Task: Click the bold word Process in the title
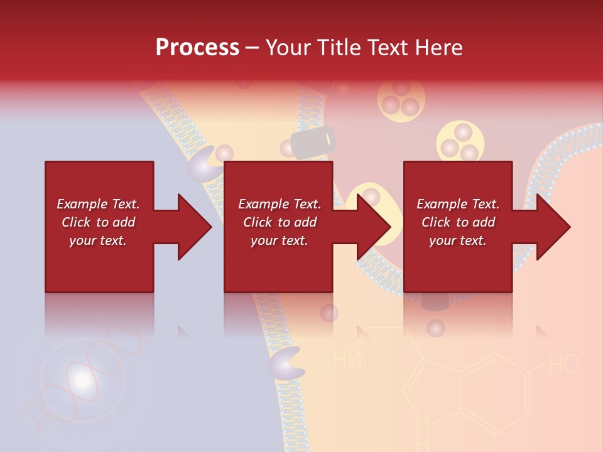(x=197, y=48)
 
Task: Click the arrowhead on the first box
(x=193, y=227)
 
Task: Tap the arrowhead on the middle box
(x=373, y=227)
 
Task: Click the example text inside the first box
(x=98, y=222)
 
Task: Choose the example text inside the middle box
(x=280, y=222)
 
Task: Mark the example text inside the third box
(x=458, y=222)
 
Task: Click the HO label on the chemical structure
(x=563, y=364)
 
